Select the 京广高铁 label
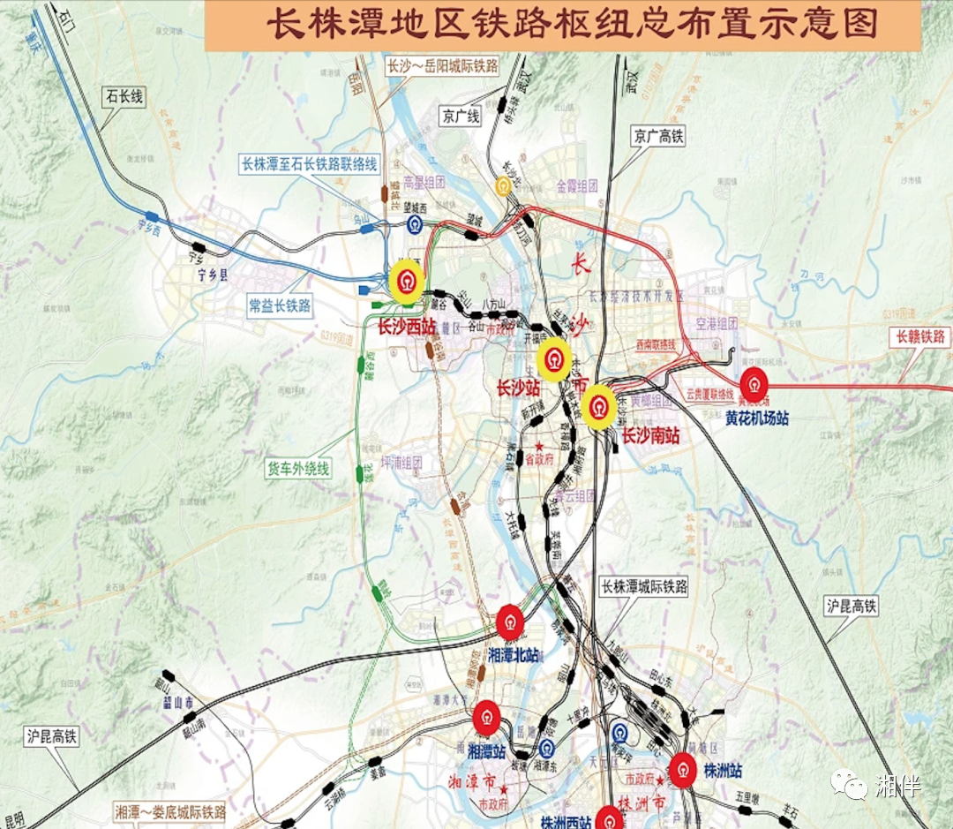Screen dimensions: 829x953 [x=658, y=136]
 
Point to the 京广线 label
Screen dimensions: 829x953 [x=461, y=117]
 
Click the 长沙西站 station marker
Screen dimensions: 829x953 [x=407, y=282]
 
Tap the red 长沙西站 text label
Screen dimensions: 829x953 [x=407, y=327]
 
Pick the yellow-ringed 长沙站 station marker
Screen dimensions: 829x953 [x=554, y=359]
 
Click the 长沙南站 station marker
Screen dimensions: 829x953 [x=600, y=406]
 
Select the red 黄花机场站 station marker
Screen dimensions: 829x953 [x=754, y=385]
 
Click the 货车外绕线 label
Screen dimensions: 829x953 [x=298, y=468]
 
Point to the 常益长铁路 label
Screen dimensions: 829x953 [x=280, y=305]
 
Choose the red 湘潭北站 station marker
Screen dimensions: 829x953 [x=511, y=622]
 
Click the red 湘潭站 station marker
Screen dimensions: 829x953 [x=486, y=718]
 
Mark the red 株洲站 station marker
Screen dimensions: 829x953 [x=682, y=770]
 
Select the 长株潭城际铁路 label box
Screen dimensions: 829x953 [x=643, y=586]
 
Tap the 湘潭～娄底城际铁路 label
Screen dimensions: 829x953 [x=171, y=810]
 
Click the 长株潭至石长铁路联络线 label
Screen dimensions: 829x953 [x=310, y=163]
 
